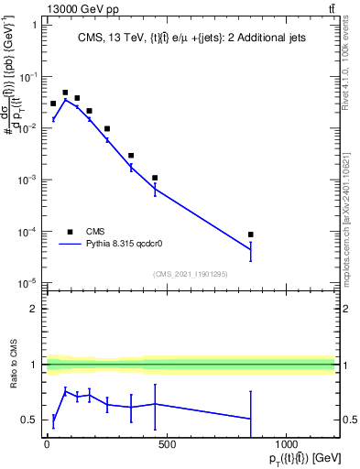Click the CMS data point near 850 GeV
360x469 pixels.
pos(250,234)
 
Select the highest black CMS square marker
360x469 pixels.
pos(65,93)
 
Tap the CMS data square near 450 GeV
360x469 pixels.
pos(155,178)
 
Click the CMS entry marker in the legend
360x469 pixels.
pos(70,232)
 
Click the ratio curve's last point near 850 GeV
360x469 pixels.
pos(250,419)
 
